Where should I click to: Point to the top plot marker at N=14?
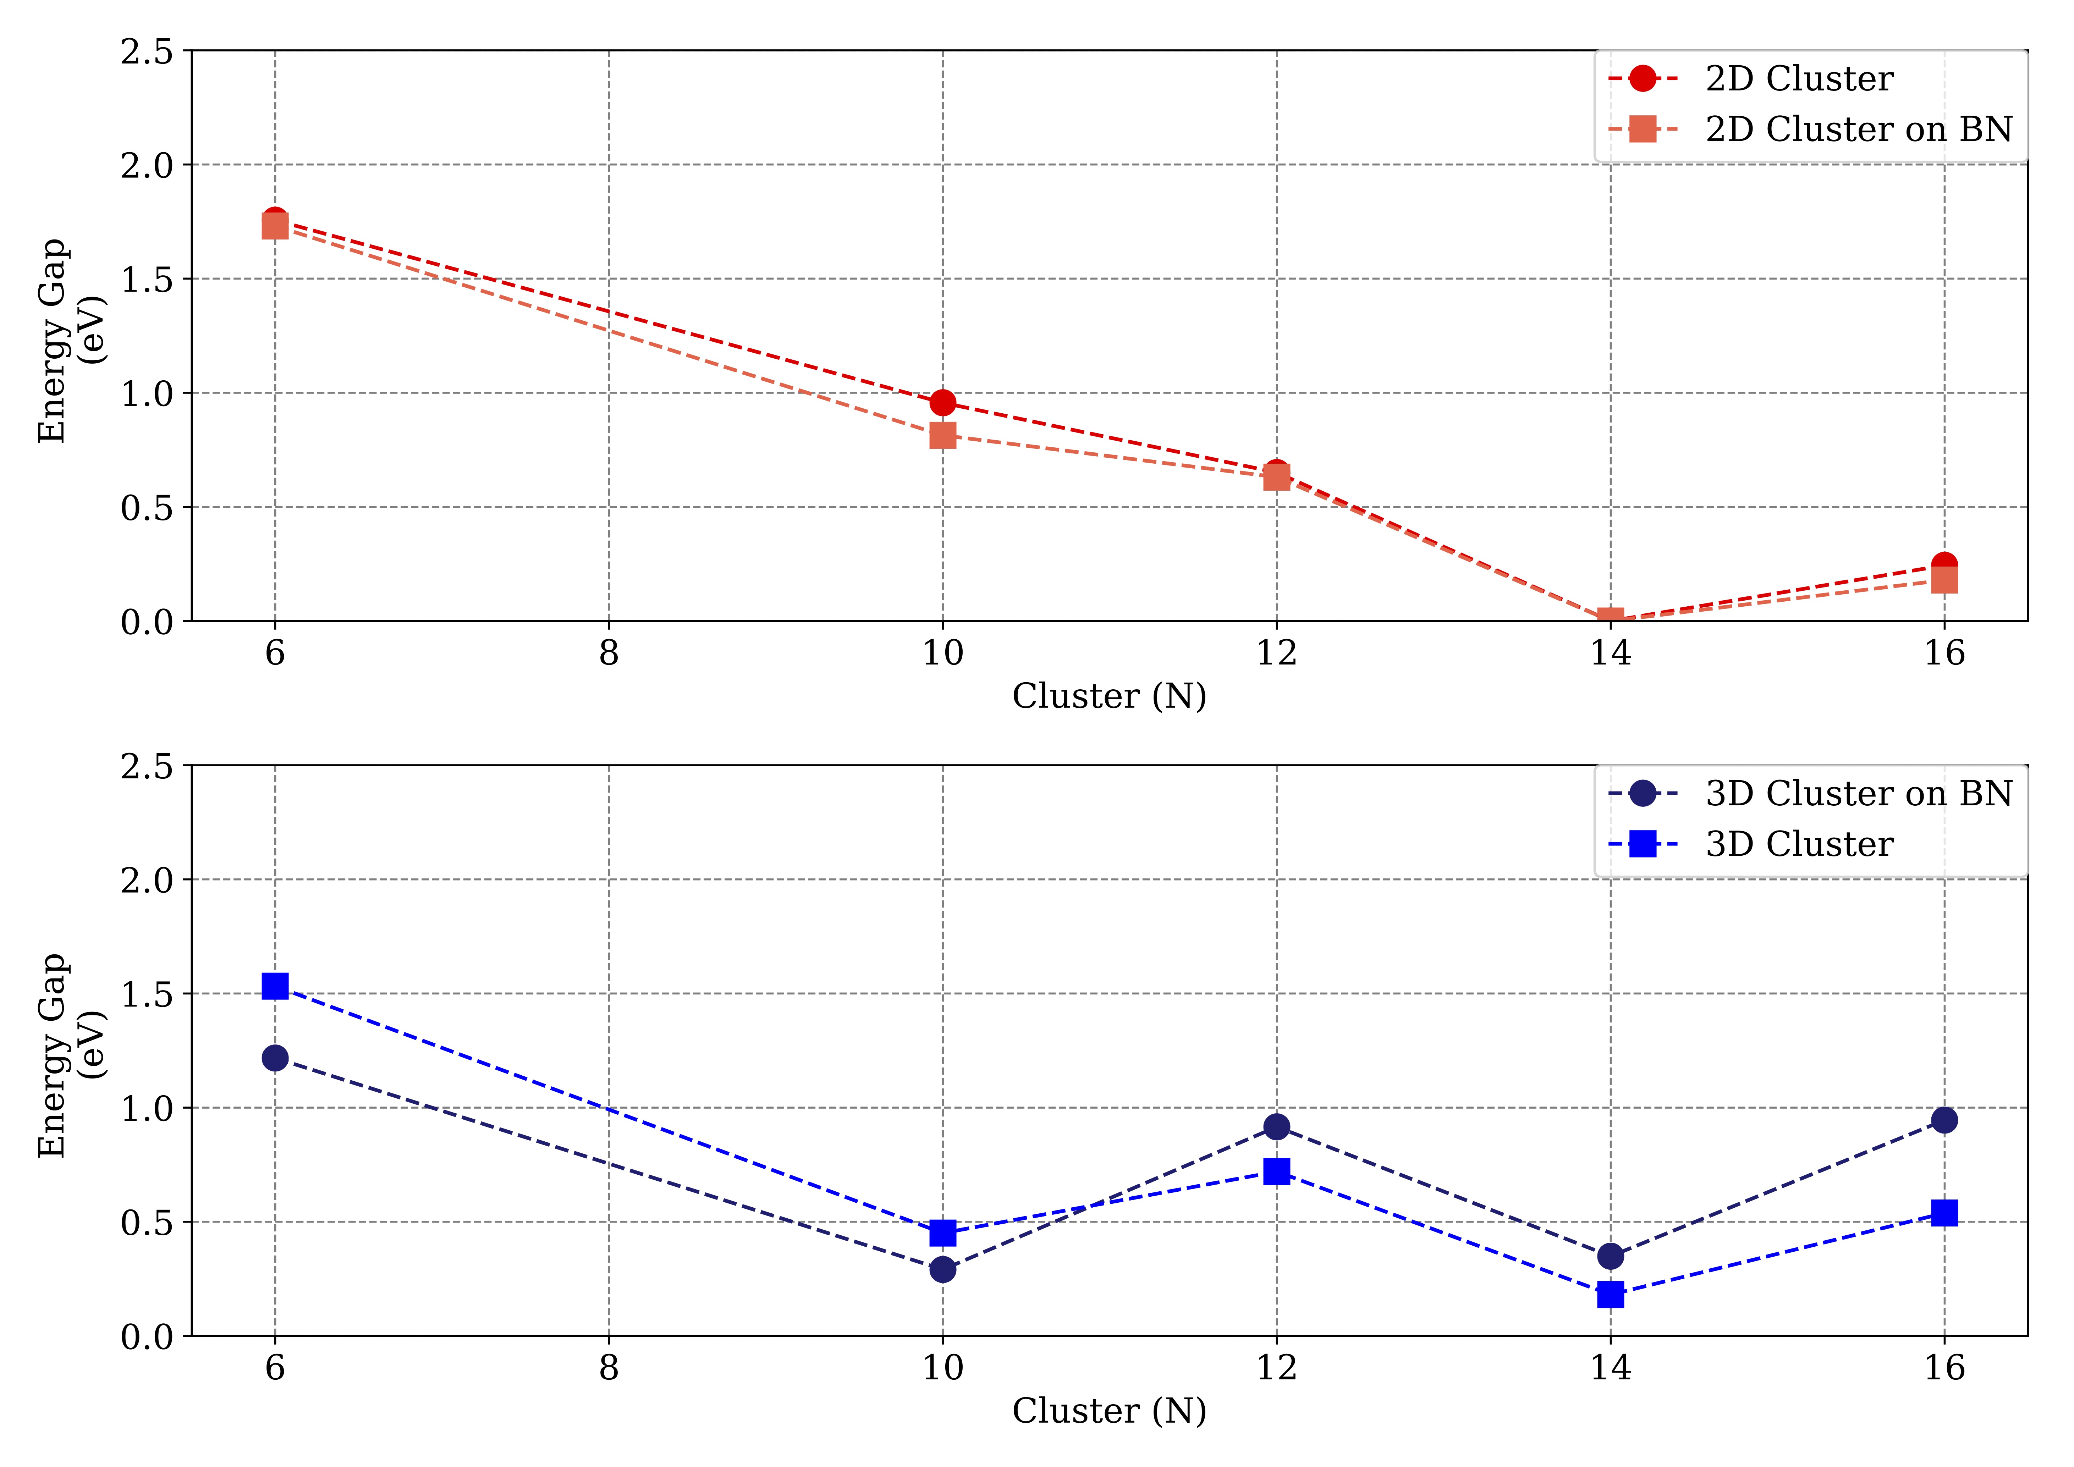[1610, 619]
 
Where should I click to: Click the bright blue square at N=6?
[275, 986]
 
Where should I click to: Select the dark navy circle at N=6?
[275, 1058]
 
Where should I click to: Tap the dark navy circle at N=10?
[942, 1269]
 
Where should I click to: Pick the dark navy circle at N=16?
[1944, 1120]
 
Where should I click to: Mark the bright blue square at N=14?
[1610, 1295]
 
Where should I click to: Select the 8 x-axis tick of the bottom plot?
[609, 1368]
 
